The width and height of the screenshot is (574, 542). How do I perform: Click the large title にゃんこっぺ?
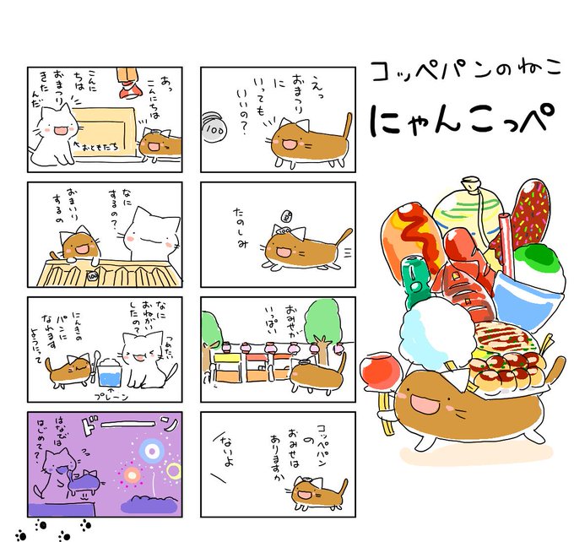pyautogui.click(x=455, y=122)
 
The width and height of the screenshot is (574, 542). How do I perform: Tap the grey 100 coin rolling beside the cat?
pyautogui.click(x=214, y=133)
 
